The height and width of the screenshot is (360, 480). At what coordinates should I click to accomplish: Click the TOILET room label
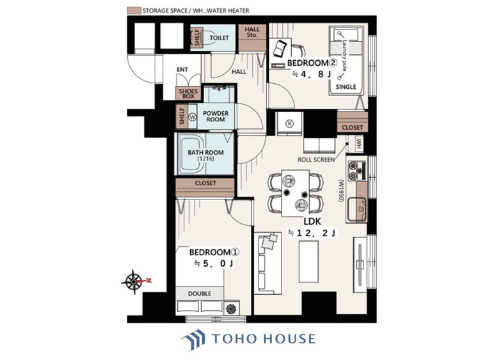219,38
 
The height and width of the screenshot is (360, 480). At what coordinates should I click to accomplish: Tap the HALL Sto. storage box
252,38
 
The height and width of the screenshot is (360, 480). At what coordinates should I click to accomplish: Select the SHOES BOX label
188,93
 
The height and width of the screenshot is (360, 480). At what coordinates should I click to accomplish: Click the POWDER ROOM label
216,116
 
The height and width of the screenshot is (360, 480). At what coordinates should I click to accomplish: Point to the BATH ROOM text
205,152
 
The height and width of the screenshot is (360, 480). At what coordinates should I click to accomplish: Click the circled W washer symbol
193,116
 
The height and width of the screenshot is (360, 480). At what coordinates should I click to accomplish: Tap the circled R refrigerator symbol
289,123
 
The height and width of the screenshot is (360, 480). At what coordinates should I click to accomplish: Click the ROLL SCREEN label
316,159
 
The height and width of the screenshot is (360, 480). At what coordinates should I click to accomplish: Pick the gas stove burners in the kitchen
356,171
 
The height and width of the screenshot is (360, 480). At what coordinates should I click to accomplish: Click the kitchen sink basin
356,209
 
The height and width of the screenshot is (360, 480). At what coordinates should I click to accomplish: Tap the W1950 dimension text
340,191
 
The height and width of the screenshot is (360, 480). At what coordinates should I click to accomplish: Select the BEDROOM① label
214,253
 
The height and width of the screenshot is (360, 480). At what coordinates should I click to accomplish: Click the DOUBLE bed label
200,293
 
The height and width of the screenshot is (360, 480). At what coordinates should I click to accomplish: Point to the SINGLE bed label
346,87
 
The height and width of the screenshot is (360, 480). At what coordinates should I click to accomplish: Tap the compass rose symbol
134,281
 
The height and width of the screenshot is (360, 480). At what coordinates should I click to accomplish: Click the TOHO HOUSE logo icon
193,340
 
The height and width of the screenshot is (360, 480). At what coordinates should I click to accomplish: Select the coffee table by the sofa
308,262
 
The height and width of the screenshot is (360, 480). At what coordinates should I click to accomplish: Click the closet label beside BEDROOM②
353,127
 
